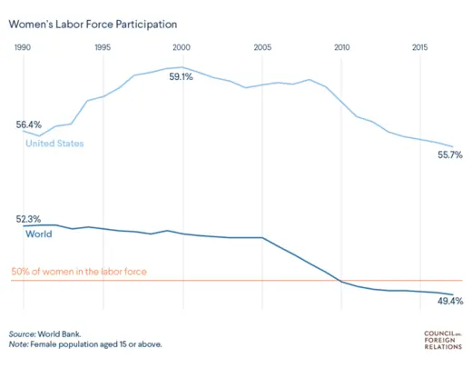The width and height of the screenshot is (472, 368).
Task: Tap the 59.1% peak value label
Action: tap(182, 77)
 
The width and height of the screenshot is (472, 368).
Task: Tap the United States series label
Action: tap(54, 144)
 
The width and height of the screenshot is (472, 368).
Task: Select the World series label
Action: tap(38, 234)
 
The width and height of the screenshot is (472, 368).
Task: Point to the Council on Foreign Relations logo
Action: tap(444, 339)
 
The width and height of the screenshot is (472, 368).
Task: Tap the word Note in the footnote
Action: tap(18, 345)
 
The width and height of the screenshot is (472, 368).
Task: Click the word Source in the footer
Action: tap(24, 333)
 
